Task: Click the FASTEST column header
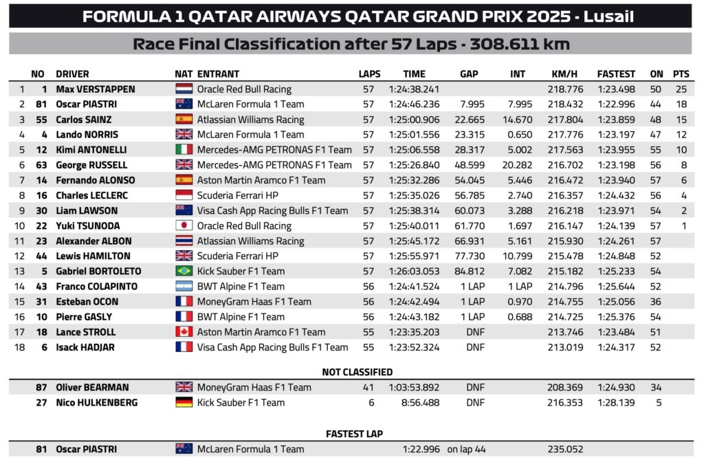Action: pyautogui.click(x=616, y=74)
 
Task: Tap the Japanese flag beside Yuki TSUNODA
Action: pyautogui.click(x=184, y=226)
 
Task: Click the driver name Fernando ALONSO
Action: pyautogui.click(x=87, y=180)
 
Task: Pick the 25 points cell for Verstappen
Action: pyautogui.click(x=681, y=89)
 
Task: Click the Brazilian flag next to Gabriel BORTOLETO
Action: pyautogui.click(x=184, y=272)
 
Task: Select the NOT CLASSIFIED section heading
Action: pyautogui.click(x=357, y=372)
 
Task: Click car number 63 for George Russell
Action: pyautogui.click(x=41, y=165)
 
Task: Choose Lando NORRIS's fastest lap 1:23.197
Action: pyautogui.click(x=616, y=135)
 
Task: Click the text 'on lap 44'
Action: pyautogui.click(x=467, y=450)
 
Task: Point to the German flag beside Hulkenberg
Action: pyautogui.click(x=184, y=403)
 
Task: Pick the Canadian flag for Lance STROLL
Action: pyautogui.click(x=184, y=332)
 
